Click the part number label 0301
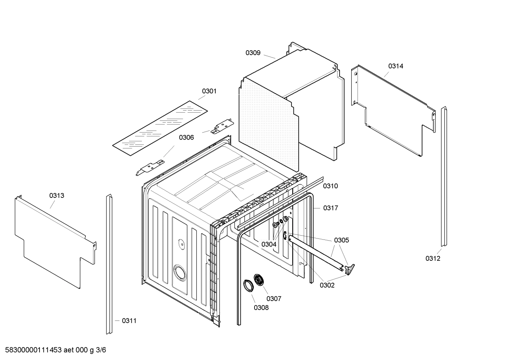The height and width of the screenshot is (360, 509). click(209, 91)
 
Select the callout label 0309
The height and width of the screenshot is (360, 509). click(253, 53)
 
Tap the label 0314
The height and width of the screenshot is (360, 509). click(396, 66)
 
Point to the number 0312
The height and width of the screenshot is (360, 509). click(433, 258)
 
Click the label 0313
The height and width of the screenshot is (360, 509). click(57, 195)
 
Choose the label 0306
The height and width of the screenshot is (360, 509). click(186, 137)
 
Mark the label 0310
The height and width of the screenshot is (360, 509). click(330, 186)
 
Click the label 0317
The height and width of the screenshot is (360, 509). click(331, 208)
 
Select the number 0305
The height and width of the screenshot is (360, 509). click(341, 240)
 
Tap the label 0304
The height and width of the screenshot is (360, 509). click(269, 244)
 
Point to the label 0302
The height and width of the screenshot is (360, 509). click(327, 285)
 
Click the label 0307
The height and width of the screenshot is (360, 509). click(274, 299)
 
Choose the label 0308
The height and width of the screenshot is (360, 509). click(261, 308)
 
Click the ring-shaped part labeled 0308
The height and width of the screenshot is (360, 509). click(248, 285)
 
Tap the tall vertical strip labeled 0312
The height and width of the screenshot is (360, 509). click(443, 177)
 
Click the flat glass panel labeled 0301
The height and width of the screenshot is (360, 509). click(160, 128)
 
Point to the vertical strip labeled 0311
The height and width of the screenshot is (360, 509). click(109, 265)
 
